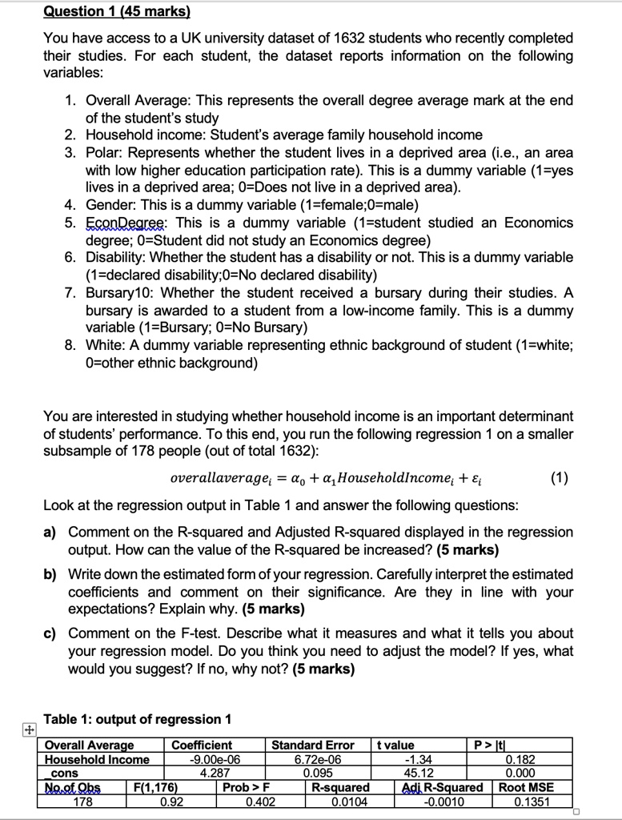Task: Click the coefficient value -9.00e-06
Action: click(x=204, y=759)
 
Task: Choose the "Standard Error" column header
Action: click(x=313, y=745)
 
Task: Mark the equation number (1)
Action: click(x=560, y=479)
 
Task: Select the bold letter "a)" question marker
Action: click(x=50, y=533)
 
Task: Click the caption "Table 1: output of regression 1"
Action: click(x=137, y=718)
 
